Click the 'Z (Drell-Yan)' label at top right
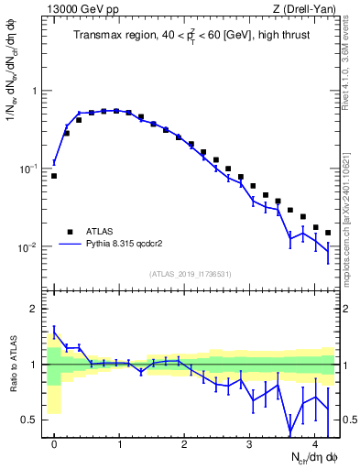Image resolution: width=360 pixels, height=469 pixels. click(309, 9)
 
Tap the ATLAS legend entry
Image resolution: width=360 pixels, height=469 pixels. click(101, 232)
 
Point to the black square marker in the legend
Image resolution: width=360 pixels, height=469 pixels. click(70, 232)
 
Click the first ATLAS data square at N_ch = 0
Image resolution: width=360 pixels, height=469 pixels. click(54, 175)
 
